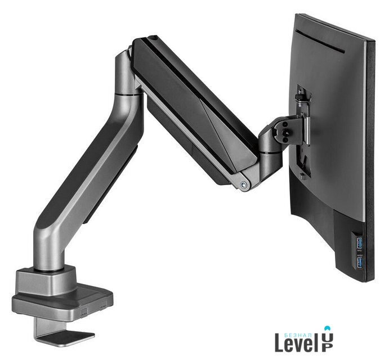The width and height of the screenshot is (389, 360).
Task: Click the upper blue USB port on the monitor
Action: coord(360,243)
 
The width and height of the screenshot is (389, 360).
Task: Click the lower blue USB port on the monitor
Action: coord(360,262)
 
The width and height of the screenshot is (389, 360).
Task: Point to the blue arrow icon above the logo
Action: coord(329,328)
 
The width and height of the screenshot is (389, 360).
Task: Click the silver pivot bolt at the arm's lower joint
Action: coord(244,184)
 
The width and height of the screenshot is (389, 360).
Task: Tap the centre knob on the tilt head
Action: coord(288,132)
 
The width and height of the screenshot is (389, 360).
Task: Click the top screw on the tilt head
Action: coord(286,124)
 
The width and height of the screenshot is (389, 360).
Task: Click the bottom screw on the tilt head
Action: coord(286,140)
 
